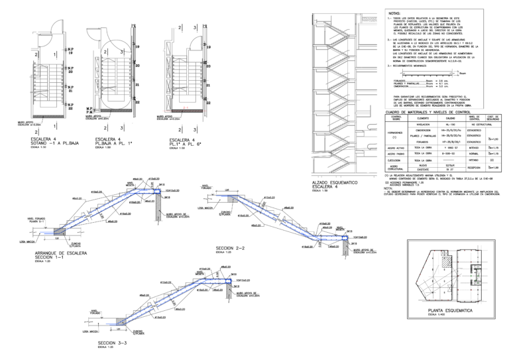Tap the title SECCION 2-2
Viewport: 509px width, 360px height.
point(231,248)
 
